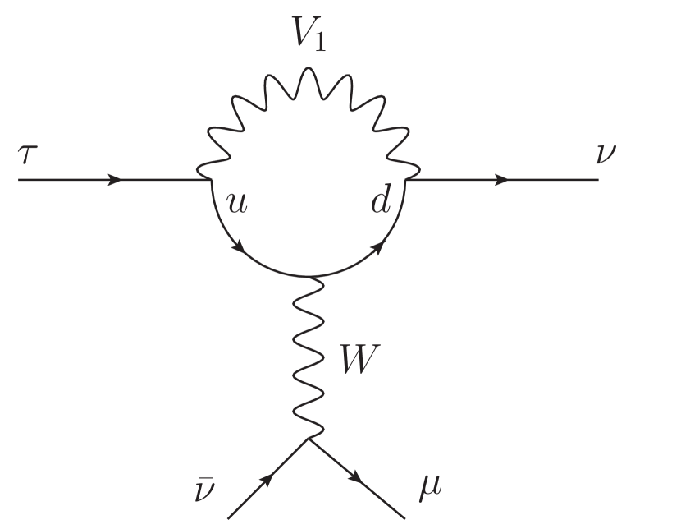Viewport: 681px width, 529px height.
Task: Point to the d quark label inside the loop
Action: (x=380, y=200)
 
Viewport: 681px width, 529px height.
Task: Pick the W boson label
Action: (x=361, y=361)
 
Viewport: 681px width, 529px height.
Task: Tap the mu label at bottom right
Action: (x=429, y=486)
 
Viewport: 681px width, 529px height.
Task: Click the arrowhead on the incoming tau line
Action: (x=116, y=179)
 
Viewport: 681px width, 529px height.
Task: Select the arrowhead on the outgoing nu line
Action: (x=503, y=179)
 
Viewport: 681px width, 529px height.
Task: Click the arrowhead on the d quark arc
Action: (x=380, y=244)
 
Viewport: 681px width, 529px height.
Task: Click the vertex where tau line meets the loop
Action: (x=201, y=178)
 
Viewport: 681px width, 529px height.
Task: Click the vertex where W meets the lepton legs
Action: (x=309, y=439)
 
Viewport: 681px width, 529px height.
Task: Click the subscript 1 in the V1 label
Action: (x=319, y=44)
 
